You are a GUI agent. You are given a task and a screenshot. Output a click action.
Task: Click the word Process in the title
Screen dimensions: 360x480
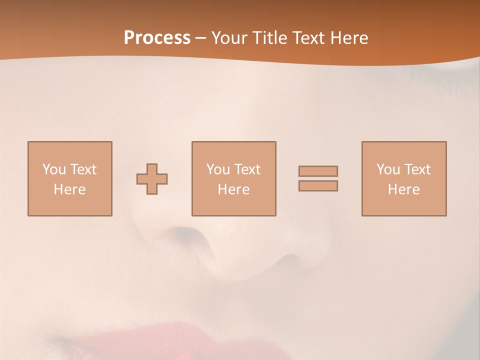(157, 38)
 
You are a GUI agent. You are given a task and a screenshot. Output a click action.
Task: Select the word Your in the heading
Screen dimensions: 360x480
(229, 38)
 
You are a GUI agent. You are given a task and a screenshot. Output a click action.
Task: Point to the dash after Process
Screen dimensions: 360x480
(200, 38)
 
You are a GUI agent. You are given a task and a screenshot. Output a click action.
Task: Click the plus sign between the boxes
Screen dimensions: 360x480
(152, 179)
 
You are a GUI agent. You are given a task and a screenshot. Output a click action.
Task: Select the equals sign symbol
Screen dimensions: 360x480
(318, 178)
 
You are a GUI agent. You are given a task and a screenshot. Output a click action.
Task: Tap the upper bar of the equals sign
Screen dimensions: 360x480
(318, 171)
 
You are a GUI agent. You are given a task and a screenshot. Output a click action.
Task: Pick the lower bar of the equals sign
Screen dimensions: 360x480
(318, 185)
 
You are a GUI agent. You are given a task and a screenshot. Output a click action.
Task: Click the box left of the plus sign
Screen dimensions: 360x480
(70, 178)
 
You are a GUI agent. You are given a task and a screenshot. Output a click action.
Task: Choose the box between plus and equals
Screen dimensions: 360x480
(233, 178)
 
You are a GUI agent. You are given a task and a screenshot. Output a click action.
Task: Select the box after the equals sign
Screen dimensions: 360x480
(404, 178)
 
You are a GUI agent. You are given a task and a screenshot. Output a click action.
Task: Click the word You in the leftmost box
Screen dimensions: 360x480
(54, 169)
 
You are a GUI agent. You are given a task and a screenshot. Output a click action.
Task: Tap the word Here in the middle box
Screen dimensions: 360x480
(233, 189)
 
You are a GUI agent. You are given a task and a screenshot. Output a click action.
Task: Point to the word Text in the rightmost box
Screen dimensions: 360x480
(417, 169)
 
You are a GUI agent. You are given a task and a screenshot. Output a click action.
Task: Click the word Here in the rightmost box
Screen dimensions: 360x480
(404, 189)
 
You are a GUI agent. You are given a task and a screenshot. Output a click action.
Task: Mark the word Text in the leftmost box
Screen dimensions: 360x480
(83, 169)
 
